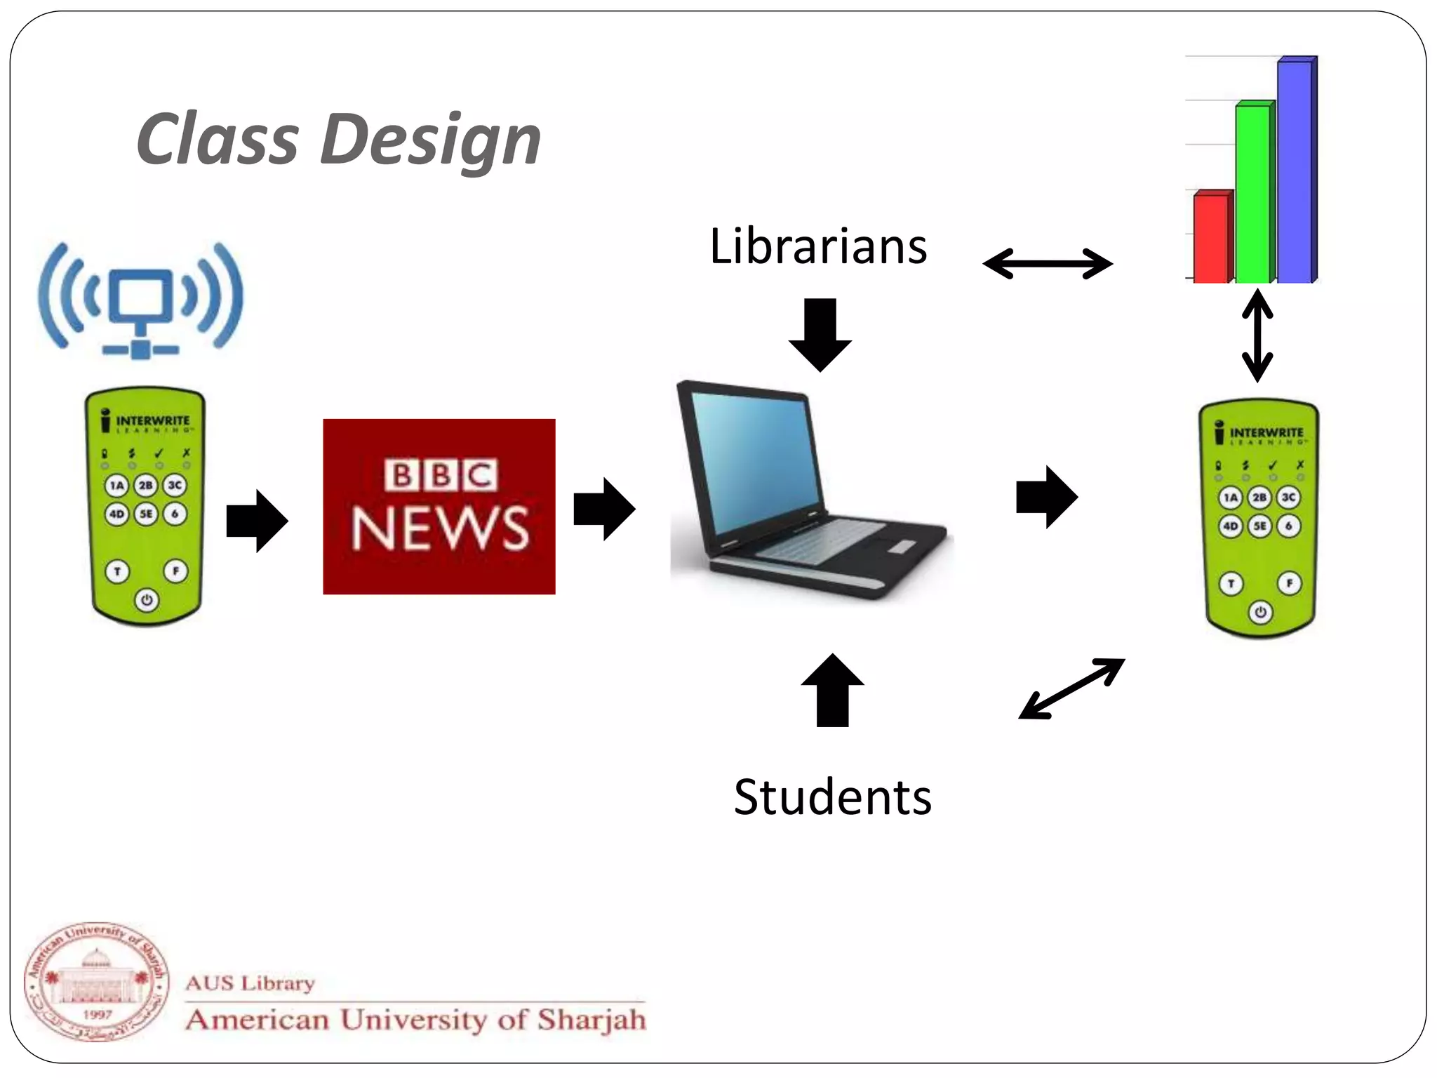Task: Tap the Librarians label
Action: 818,247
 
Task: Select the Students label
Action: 833,797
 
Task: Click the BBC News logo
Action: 439,506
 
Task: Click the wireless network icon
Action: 140,299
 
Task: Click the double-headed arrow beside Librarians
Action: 1048,264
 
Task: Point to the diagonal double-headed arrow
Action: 1071,688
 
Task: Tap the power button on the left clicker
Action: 147,600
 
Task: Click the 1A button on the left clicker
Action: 116,485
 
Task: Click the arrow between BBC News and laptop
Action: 604,509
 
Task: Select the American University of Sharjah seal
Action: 97,982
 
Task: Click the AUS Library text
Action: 250,983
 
